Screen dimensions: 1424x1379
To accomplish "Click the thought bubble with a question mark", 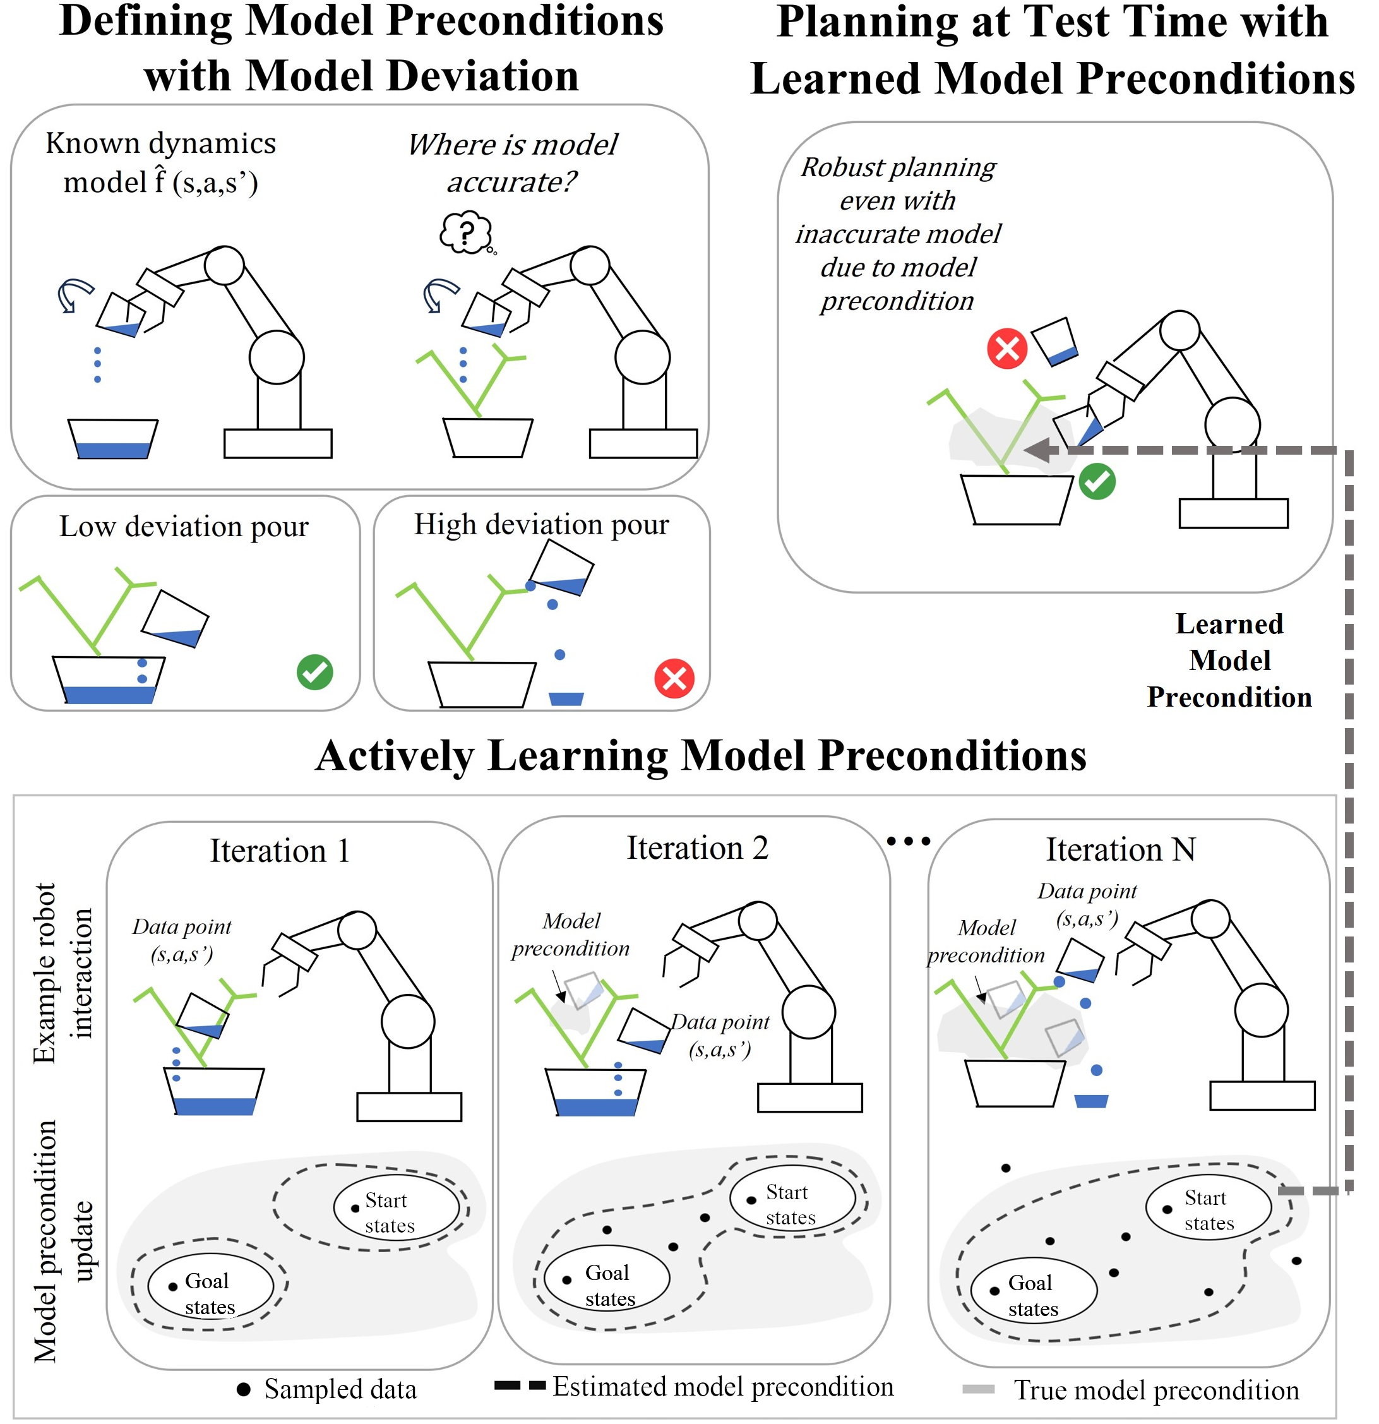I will [466, 232].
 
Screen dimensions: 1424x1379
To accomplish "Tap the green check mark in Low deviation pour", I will [314, 672].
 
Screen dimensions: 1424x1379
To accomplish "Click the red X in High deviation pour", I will [674, 679].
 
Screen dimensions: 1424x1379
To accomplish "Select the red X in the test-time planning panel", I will [1007, 349].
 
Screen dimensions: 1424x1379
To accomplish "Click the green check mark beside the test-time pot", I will [1097, 482].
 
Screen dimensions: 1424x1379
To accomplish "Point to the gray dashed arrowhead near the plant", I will [1037, 450].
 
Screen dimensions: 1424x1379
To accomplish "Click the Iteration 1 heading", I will [280, 851].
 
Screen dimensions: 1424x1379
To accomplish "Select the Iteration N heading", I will [1120, 849].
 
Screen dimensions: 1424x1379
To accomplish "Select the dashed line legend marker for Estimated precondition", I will [520, 1386].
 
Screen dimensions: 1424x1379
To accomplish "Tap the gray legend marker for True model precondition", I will [978, 1389].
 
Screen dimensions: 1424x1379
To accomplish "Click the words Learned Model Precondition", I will [1229, 661].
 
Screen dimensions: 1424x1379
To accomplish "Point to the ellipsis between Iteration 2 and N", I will [908, 841].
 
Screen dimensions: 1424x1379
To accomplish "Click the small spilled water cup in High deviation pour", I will [566, 698].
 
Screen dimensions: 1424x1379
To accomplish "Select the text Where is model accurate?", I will [512, 163].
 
